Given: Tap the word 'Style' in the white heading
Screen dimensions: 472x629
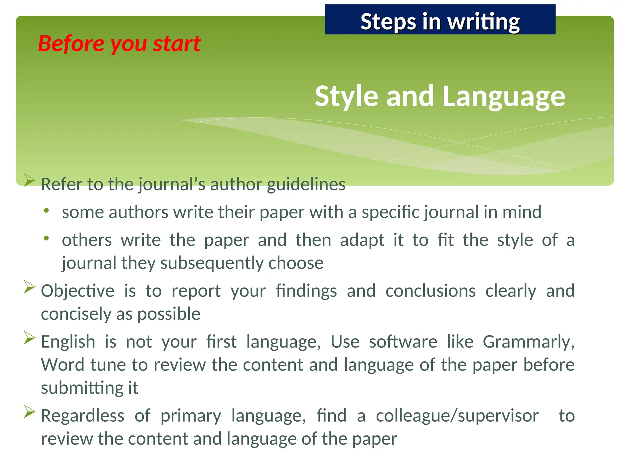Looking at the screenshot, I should (346, 96).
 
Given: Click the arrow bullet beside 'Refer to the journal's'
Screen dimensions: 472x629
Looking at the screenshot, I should (29, 180).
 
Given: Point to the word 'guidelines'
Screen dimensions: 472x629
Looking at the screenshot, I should (306, 184).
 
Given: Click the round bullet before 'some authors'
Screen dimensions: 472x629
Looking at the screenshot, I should (46, 211).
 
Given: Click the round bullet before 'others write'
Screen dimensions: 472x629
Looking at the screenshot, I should (46, 238).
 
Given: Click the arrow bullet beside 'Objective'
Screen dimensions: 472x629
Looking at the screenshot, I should (29, 287).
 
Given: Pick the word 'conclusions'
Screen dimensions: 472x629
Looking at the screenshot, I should (430, 291).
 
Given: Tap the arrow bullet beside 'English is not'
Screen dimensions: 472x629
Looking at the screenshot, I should (29, 338).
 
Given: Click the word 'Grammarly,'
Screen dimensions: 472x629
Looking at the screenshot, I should (528, 342).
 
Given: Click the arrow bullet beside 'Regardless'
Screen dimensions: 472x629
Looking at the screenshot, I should (29, 412).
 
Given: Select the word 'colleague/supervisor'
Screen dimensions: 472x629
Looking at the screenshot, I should (457, 416).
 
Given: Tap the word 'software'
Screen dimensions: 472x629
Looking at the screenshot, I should (403, 342).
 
